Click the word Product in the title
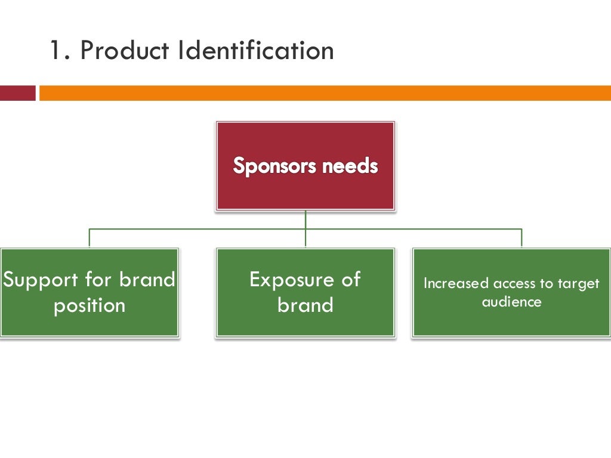125,51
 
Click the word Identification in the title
255,51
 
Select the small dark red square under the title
17,93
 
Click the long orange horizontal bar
325,93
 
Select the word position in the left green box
90,305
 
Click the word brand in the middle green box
305,305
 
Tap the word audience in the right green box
511,302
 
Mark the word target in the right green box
578,284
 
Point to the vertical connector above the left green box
90,237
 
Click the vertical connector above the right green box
521,237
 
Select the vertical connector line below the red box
305,219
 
